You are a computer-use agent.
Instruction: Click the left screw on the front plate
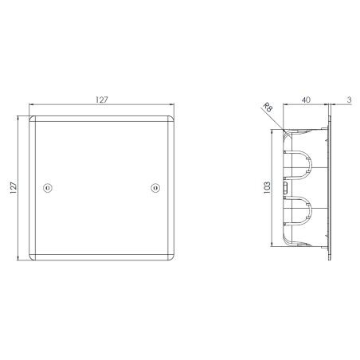coord(46,188)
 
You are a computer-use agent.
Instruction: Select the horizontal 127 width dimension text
coord(100,101)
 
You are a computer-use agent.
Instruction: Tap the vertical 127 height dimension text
coord(14,188)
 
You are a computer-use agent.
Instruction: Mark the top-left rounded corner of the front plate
coord(33,119)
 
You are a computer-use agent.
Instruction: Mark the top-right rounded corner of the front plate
coord(170,119)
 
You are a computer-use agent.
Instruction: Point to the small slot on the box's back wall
coord(285,188)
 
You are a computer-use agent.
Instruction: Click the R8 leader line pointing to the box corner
coord(278,120)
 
